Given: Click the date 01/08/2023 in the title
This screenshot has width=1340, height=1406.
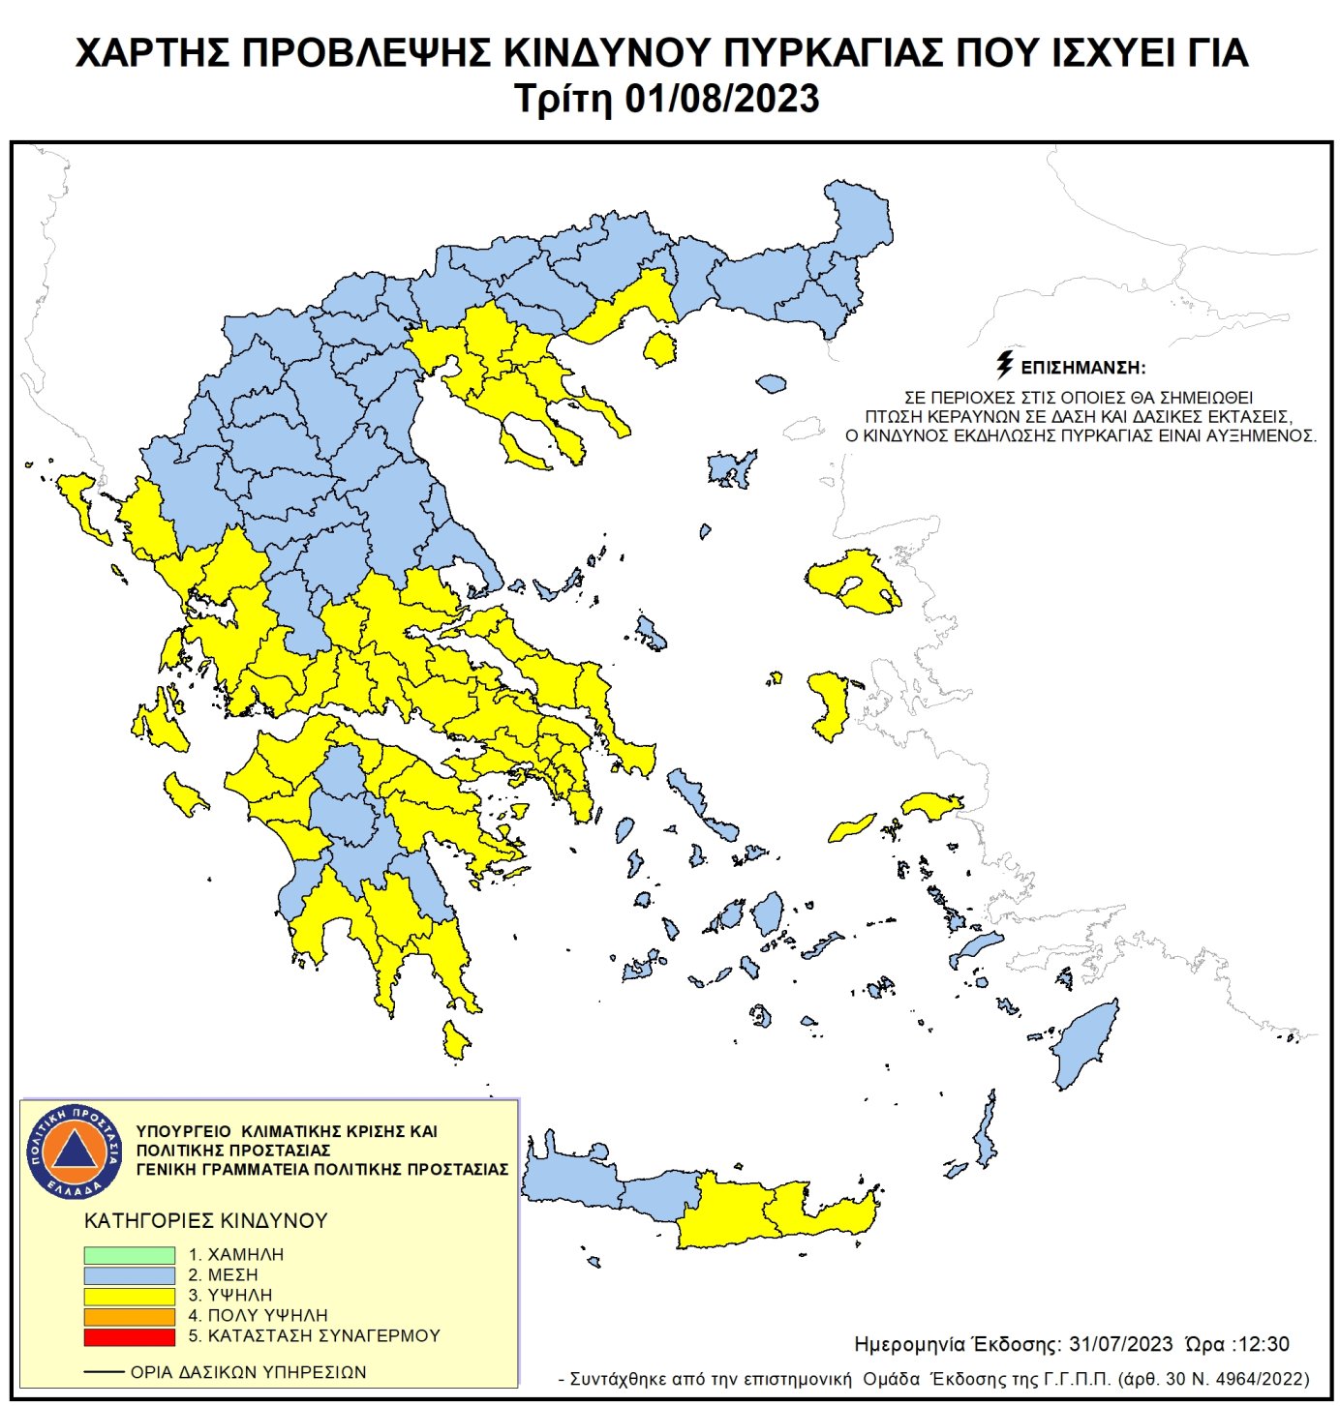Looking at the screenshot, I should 722,99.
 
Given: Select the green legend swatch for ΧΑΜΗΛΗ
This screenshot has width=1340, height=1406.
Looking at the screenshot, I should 129,1255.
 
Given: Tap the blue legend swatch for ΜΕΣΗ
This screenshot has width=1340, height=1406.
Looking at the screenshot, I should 129,1275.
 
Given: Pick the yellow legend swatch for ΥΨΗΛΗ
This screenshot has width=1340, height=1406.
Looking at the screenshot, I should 129,1296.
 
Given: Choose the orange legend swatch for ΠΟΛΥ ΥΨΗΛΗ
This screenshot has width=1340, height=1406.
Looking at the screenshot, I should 129,1316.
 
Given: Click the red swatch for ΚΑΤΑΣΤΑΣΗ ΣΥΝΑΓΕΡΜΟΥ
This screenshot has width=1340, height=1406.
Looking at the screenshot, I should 129,1337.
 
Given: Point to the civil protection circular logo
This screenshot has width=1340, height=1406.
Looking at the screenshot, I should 75,1152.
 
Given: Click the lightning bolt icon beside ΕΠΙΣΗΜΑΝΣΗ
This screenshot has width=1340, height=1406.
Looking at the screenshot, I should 1005,365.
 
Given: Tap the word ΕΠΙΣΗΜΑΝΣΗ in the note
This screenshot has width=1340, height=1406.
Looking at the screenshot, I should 1083,368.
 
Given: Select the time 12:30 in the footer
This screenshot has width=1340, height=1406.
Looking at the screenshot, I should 1264,1344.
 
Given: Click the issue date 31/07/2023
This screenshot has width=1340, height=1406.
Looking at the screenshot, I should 1120,1344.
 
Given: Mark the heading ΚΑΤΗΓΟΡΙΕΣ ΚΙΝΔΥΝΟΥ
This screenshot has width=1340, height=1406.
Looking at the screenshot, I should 205,1220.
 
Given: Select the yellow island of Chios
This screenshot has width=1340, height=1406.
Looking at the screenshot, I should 831,702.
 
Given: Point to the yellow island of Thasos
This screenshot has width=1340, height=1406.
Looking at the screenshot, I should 660,348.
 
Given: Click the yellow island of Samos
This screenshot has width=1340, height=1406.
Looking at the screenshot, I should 931,805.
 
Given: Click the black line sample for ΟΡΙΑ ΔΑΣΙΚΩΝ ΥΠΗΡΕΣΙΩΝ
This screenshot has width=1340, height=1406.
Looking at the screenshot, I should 104,1372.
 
